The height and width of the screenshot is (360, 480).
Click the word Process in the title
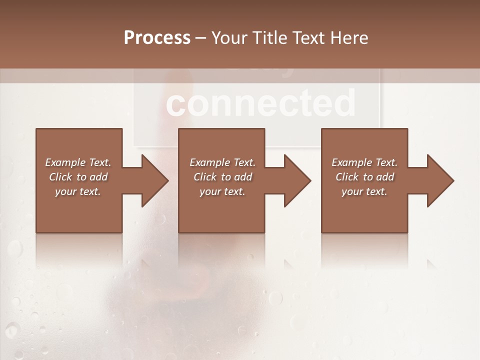pyautogui.click(x=157, y=38)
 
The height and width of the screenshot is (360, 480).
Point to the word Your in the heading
pyautogui.click(x=228, y=38)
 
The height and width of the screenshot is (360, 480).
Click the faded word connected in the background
pyautogui.click(x=260, y=102)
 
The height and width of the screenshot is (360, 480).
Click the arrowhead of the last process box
pyautogui.click(x=439, y=180)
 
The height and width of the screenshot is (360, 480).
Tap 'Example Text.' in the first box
pyautogui.click(x=78, y=162)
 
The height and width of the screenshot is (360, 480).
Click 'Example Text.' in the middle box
pyautogui.click(x=222, y=162)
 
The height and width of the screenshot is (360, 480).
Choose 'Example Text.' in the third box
pyautogui.click(x=364, y=162)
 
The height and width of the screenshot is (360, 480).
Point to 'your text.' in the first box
pyautogui.click(x=78, y=191)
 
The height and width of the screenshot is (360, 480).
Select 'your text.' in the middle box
pyautogui.click(x=222, y=191)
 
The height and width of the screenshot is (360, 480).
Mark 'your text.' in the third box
pyautogui.click(x=364, y=191)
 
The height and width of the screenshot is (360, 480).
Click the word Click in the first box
pyautogui.click(x=60, y=177)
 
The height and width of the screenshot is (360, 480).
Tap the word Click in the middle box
pyautogui.click(x=205, y=177)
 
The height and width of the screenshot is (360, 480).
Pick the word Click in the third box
pyautogui.click(x=347, y=177)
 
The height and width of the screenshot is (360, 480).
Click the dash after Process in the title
pyautogui.click(x=201, y=38)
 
